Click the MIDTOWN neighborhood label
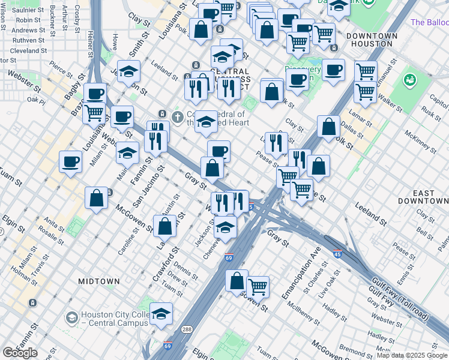click(x=98, y=281)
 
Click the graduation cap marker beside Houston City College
click(x=161, y=314)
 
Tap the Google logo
click(x=20, y=353)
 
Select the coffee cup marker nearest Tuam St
click(x=71, y=161)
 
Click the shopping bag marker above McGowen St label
click(x=96, y=199)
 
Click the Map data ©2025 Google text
click(x=412, y=355)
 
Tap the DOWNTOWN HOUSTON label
click(x=375, y=40)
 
